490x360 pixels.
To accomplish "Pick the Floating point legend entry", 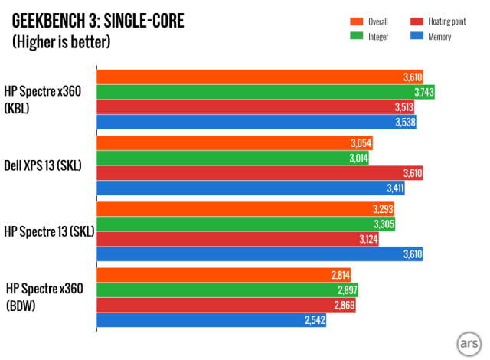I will click(x=439, y=21).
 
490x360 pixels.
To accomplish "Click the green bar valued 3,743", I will click(x=265, y=92).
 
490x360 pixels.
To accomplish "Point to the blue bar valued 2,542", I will click(x=211, y=320).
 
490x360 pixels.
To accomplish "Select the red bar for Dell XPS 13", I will click(x=260, y=174).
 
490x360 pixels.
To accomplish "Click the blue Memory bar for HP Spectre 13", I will click(x=260, y=254).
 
